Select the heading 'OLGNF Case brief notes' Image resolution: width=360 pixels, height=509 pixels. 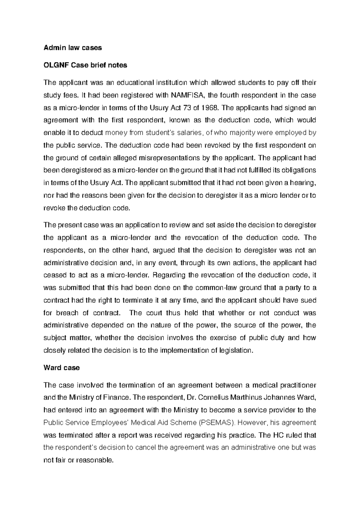[x=85, y=65]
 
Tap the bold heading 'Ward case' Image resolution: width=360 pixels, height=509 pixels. [x=61, y=368]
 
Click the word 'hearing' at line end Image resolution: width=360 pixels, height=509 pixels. [x=304, y=183]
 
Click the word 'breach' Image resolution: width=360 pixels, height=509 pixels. [x=68, y=313]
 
